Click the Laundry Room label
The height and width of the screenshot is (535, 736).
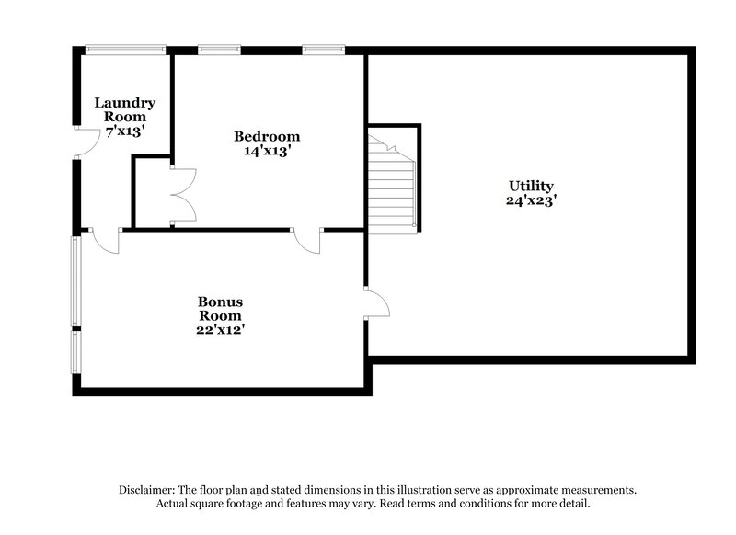click(x=124, y=109)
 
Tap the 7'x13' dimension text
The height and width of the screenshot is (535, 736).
click(x=124, y=131)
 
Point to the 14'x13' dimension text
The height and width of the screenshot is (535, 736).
click(x=266, y=152)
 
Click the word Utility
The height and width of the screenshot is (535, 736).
click(x=529, y=185)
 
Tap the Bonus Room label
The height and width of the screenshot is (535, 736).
click(x=220, y=308)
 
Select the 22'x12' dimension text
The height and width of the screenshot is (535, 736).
click(x=220, y=328)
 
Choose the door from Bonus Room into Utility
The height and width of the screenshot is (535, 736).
click(x=376, y=302)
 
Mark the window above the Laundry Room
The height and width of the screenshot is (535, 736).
click(x=125, y=49)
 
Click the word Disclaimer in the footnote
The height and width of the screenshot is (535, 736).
click(x=148, y=491)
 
